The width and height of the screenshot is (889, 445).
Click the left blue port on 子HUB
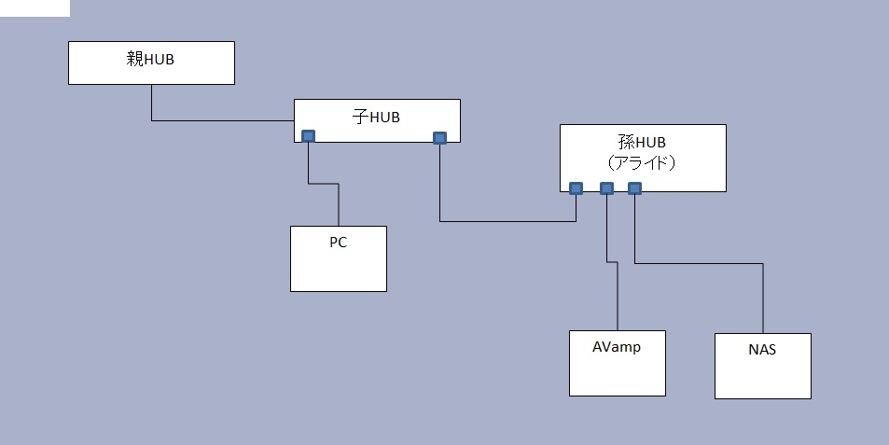coord(308,136)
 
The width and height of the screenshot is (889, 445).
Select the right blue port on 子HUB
coord(440,138)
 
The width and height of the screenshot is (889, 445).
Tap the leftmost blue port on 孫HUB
coord(576,188)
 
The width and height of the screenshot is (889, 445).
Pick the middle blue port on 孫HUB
coord(606,188)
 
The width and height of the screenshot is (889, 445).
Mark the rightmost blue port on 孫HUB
coord(634,188)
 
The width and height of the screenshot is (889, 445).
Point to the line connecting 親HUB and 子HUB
coord(224,120)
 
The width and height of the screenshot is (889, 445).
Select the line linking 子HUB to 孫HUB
coord(508,221)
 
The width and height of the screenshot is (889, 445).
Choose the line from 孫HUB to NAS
coord(700,264)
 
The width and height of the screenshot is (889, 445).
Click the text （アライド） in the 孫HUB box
coord(642,160)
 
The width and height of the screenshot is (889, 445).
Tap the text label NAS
coord(761,350)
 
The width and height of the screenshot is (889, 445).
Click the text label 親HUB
coord(150,60)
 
